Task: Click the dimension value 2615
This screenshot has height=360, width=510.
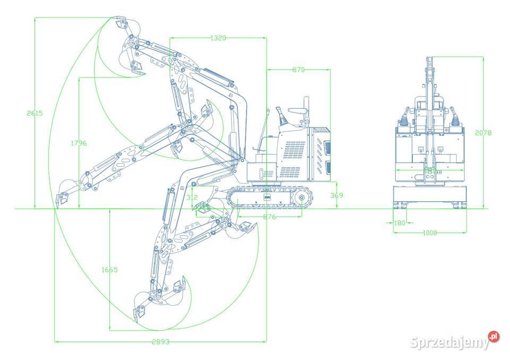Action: point(34,113)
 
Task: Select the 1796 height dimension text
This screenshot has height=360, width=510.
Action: point(78,143)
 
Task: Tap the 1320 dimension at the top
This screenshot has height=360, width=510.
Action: point(218,38)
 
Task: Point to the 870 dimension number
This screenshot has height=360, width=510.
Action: point(298,70)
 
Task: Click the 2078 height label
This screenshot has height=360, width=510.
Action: point(482,132)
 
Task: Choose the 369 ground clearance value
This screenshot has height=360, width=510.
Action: point(337,195)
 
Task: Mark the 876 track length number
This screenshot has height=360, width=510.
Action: point(269,217)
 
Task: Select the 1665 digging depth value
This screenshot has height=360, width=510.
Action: point(109,270)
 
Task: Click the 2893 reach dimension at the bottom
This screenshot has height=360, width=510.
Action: point(160,342)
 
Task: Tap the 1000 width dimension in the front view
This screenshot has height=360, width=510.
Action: point(430,233)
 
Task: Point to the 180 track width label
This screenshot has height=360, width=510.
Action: point(399,223)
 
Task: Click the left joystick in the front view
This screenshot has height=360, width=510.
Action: point(406,117)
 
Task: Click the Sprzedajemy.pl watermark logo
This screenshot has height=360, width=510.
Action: point(454,341)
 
